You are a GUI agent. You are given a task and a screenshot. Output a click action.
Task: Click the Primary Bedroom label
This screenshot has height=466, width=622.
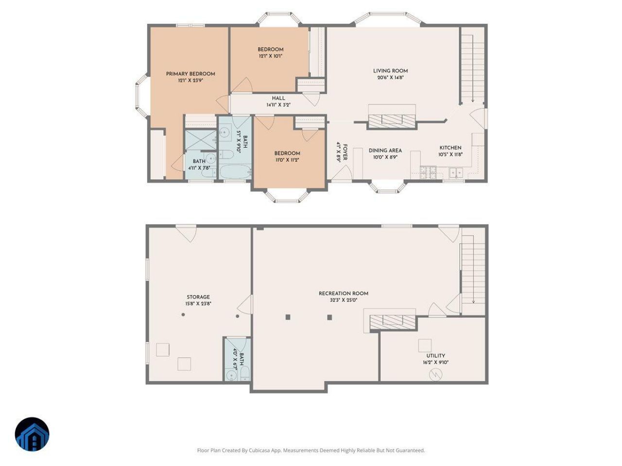(190, 74)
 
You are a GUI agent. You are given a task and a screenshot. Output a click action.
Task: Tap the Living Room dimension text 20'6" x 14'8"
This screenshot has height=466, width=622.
(390, 78)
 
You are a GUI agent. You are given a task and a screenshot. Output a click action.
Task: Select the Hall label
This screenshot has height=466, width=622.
(278, 98)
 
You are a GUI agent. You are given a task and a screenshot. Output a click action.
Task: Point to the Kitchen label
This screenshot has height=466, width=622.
(450, 148)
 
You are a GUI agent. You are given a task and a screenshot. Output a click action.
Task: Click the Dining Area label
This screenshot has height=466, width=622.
(385, 150)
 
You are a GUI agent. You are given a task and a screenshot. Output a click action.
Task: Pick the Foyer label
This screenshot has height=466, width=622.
(345, 152)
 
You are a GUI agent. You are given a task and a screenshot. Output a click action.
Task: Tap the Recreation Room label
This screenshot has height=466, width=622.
(344, 293)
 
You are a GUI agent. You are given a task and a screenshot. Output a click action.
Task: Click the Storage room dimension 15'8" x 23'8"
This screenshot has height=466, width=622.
(198, 303)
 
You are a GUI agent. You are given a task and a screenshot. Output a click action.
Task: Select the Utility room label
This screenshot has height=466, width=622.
(435, 356)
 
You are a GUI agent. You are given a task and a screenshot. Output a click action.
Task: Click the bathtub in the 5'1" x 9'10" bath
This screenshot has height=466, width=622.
(235, 171)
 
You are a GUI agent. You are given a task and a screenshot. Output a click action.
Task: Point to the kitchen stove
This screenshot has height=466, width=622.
(428, 172)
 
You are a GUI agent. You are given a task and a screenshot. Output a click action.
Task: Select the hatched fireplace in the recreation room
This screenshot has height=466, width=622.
(393, 322)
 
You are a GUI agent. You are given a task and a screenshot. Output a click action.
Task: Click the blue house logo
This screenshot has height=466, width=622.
(32, 434)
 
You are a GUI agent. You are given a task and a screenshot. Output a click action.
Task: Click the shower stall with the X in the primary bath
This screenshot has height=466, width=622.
(201, 139)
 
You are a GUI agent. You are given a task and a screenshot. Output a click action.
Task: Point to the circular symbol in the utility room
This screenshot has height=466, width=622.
(435, 375)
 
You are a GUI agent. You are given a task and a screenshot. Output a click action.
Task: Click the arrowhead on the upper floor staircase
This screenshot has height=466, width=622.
(473, 100)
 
